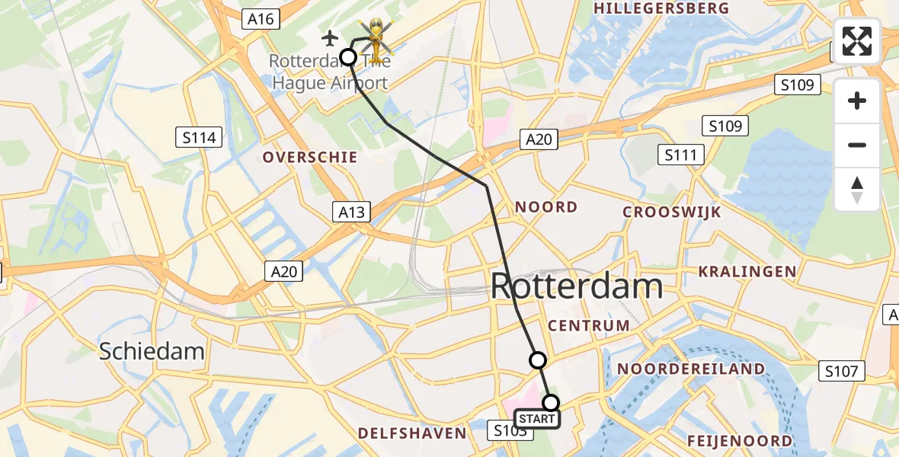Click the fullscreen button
(x=857, y=41)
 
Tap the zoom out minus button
(x=857, y=145)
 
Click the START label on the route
(x=537, y=418)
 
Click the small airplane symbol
(x=330, y=37)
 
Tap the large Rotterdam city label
(x=576, y=287)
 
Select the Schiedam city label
(x=152, y=351)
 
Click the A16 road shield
(x=261, y=19)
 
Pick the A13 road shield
(x=352, y=213)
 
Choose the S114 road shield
(x=199, y=138)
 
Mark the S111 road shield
(x=680, y=155)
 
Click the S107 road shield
(x=843, y=372)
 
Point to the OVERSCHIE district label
(x=310, y=158)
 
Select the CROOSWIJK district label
(x=672, y=212)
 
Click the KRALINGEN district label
(x=748, y=271)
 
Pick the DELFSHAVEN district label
(x=412, y=433)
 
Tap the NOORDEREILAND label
(x=691, y=369)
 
